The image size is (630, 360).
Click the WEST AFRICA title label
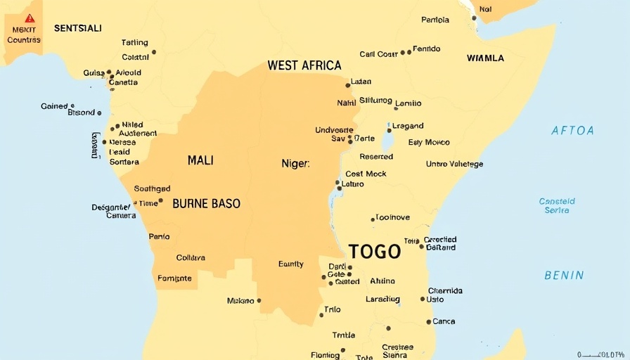pyautogui.click(x=304, y=65)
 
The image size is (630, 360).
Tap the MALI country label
pyautogui.click(x=200, y=160)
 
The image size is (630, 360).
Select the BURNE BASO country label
pyautogui.click(x=206, y=204)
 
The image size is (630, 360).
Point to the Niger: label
pyautogui.click(x=295, y=163)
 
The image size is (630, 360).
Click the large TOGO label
pyautogui.click(x=374, y=252)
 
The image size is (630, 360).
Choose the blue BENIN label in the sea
pyautogui.click(x=564, y=275)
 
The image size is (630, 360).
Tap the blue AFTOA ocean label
pyautogui.click(x=572, y=130)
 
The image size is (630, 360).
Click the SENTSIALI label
pyautogui.click(x=78, y=28)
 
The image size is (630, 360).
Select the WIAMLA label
pyautogui.click(x=485, y=58)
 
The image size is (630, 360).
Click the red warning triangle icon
pyautogui.click(x=30, y=18)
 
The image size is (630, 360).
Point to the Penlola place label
pyautogui.click(x=435, y=20)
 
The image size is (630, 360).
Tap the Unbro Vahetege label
pyautogui.click(x=454, y=164)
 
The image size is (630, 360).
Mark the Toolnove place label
pyautogui.click(x=392, y=217)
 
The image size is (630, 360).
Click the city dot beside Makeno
pyautogui.click(x=259, y=300)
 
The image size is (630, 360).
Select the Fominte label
pyautogui.click(x=174, y=278)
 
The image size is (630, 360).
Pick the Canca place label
pyautogui.click(x=444, y=321)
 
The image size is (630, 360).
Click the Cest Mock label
pyautogui.click(x=366, y=174)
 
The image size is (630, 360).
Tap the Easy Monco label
pyautogui.click(x=429, y=142)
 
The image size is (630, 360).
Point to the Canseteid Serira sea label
pyautogui.click(x=557, y=205)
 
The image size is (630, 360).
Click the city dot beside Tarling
pyautogui.click(x=154, y=51)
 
